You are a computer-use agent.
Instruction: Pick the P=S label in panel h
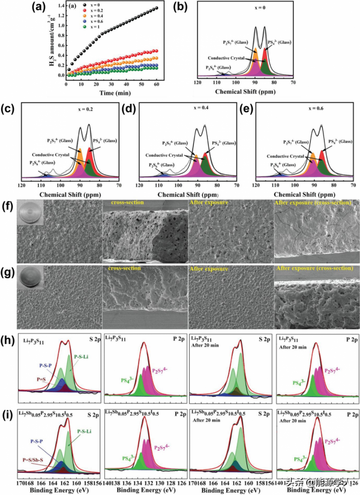click(x=33, y=380)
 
